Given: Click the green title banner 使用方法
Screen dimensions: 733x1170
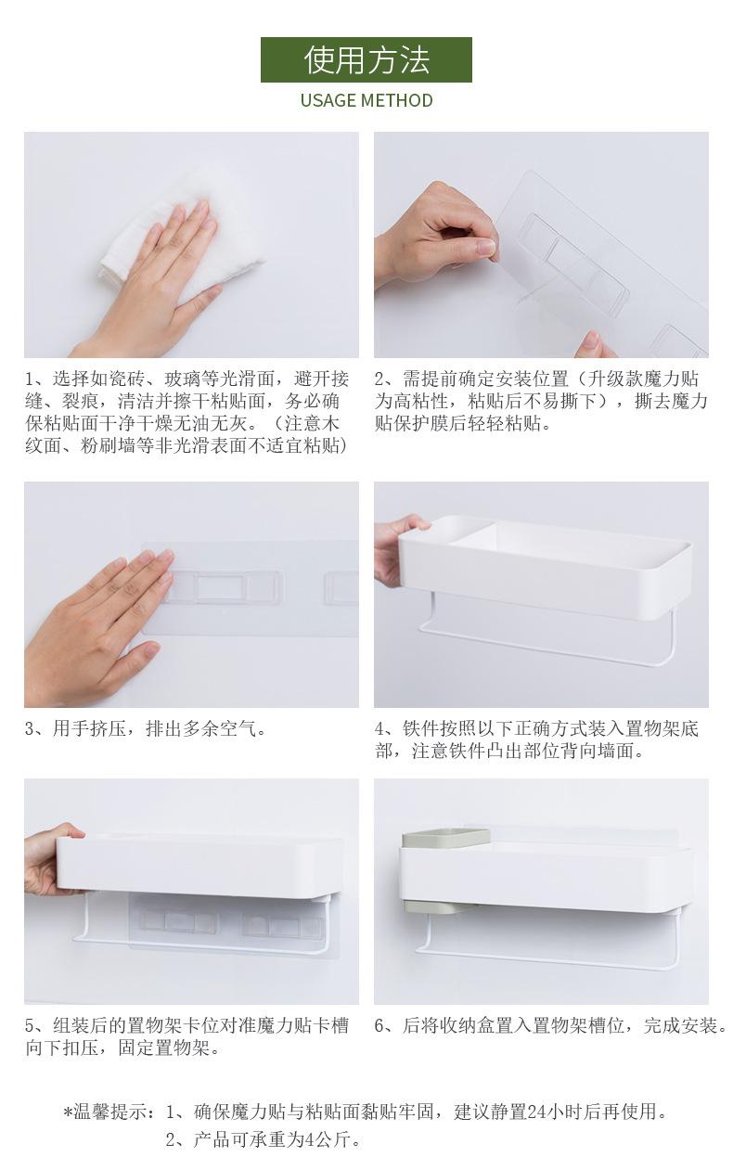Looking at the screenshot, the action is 366,59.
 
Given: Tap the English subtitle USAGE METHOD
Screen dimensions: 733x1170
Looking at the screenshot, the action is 366,100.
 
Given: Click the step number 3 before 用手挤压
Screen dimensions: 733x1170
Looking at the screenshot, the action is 30,728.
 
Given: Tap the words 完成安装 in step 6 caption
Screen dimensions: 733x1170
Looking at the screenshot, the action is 680,1026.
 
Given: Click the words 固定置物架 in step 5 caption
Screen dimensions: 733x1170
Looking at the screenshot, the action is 164,1048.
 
